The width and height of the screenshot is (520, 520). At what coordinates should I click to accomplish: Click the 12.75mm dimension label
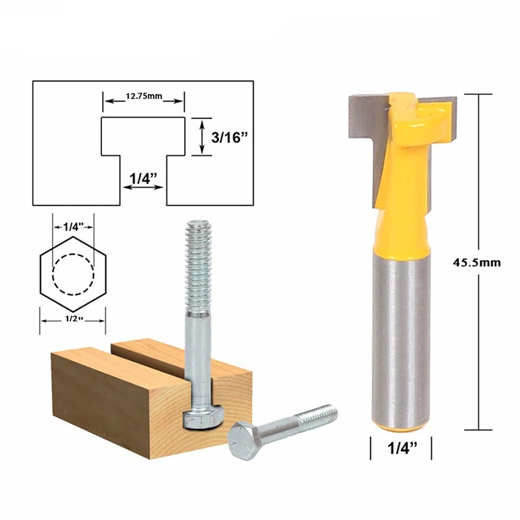pos(144,98)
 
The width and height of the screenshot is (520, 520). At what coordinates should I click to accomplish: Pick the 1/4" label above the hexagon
pos(73,227)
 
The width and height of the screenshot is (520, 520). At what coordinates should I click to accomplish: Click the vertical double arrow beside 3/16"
pos(202,137)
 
